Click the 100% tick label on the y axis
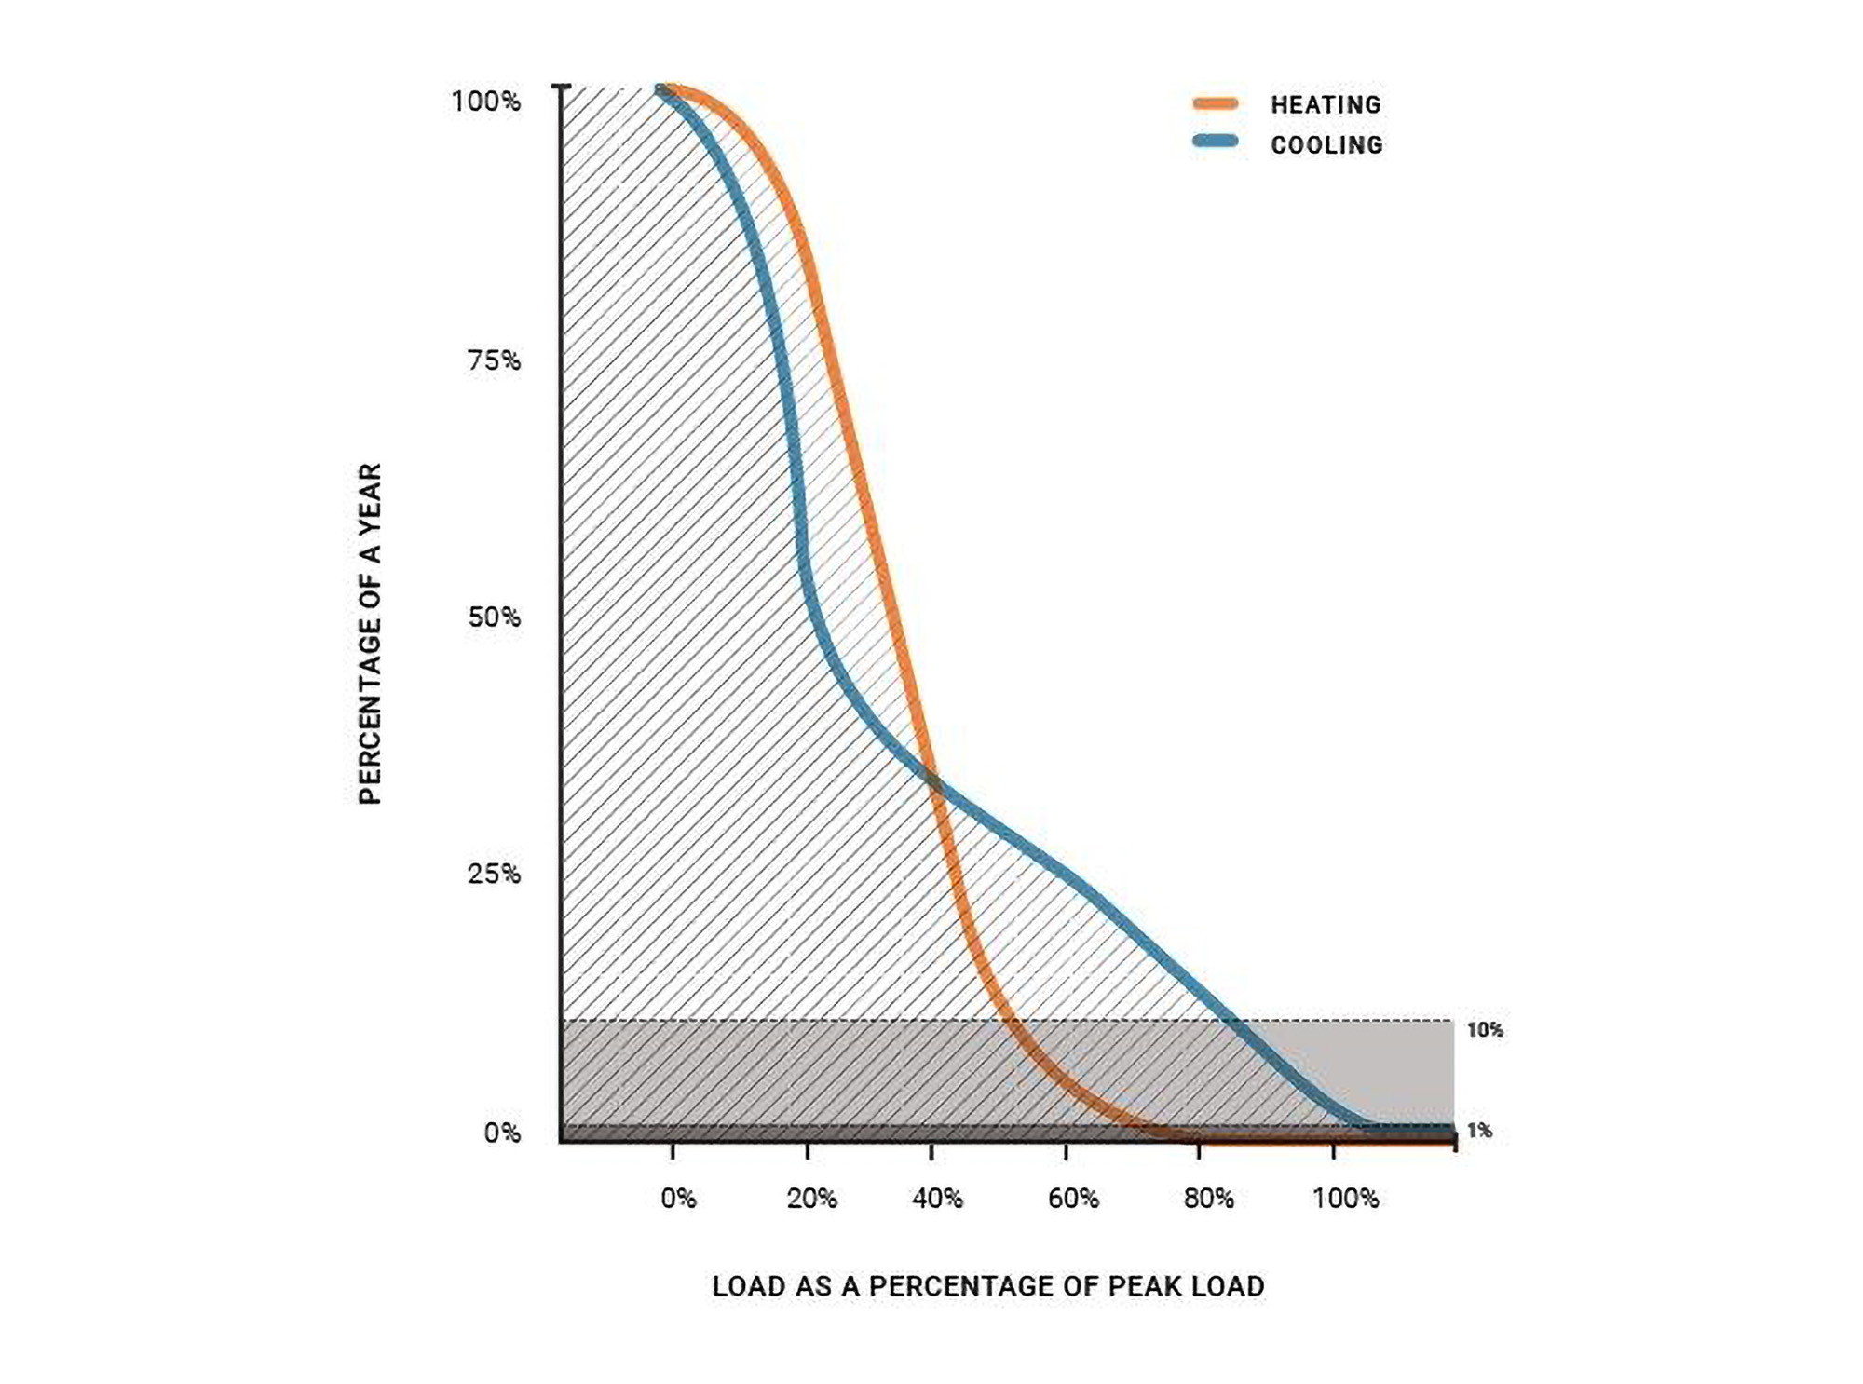pyautogui.click(x=485, y=102)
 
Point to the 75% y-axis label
pyautogui.click(x=494, y=360)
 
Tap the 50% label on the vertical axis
pyautogui.click(x=494, y=617)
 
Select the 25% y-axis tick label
pyautogui.click(x=494, y=875)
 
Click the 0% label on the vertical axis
pyautogui.click(x=502, y=1133)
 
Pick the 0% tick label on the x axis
pyautogui.click(x=678, y=1199)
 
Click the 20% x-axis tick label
pyautogui.click(x=811, y=1199)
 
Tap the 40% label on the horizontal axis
pyautogui.click(x=937, y=1199)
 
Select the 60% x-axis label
pyautogui.click(x=1073, y=1199)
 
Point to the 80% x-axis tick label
pyautogui.click(x=1208, y=1199)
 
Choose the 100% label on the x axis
pyautogui.click(x=1345, y=1199)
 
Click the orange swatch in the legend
pyautogui.click(x=1216, y=103)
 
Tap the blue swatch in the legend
pyautogui.click(x=1216, y=142)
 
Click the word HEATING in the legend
pyautogui.click(x=1326, y=105)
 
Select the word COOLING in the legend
pyautogui.click(x=1326, y=145)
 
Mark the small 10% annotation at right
pyautogui.click(x=1484, y=1030)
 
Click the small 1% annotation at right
pyautogui.click(x=1479, y=1131)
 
